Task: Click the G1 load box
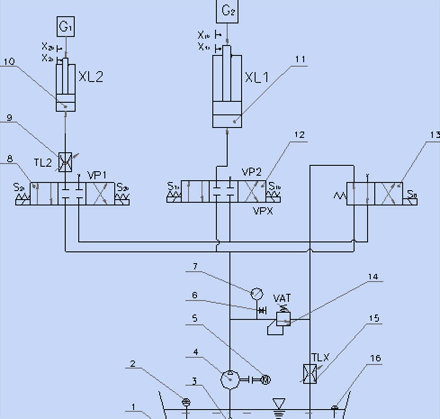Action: [65, 27]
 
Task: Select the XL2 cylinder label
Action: [91, 76]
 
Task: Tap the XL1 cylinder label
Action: [256, 77]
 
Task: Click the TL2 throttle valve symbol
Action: [65, 162]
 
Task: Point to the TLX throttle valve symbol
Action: [310, 373]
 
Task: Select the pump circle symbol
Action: [230, 379]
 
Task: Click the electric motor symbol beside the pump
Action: [265, 380]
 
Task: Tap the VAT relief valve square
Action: [284, 318]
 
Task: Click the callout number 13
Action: [435, 134]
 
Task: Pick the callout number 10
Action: [9, 61]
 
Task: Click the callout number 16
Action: [375, 358]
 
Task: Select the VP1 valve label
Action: [97, 175]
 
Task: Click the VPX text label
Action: [263, 211]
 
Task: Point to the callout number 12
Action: [300, 135]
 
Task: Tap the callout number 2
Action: [133, 363]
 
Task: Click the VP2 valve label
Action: [252, 172]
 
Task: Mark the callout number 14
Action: [373, 276]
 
